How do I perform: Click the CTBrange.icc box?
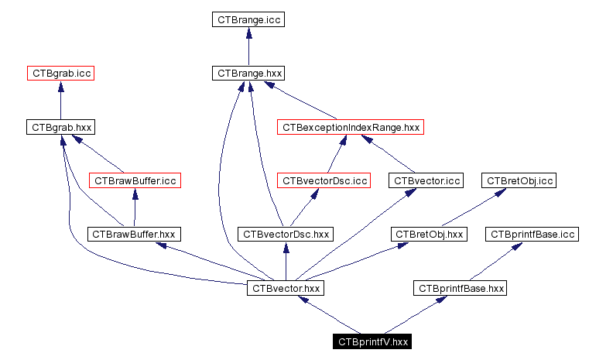coord(248,19)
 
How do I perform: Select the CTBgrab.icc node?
coord(60,74)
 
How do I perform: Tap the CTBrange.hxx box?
coord(248,74)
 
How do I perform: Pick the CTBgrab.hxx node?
coord(60,126)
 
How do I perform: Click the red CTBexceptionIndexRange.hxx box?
coord(351,126)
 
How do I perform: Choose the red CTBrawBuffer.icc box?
coord(135,180)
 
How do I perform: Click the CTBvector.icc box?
coord(427,180)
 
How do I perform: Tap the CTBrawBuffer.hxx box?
coord(135,233)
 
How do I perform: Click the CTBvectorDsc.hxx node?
coord(286,233)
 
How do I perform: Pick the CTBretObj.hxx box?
coord(430,233)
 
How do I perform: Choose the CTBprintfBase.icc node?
coord(531,233)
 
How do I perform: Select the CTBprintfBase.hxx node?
coord(461,287)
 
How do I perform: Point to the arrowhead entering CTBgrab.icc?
coord(60,86)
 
